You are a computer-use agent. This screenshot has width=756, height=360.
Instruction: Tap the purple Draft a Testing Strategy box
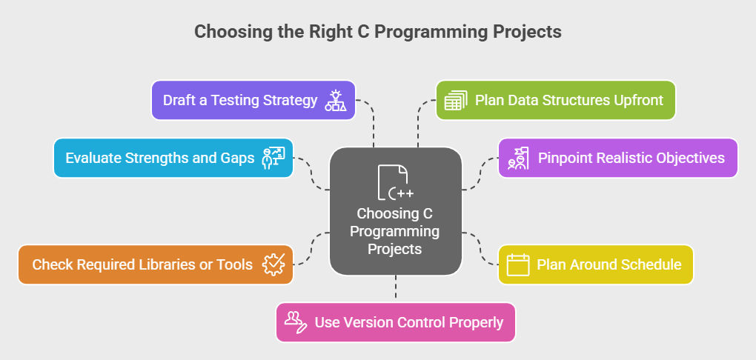pyautogui.click(x=253, y=100)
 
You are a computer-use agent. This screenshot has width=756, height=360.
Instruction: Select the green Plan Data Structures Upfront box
pyautogui.click(x=555, y=100)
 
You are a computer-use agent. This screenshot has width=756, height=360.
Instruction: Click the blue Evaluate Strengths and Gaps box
pyautogui.click(x=173, y=158)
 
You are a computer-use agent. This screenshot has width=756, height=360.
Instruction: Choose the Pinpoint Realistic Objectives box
pyautogui.click(x=617, y=158)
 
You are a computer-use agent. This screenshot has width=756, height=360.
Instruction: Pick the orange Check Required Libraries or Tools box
pyautogui.click(x=155, y=264)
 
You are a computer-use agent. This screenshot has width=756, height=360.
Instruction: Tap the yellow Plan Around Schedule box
pyautogui.click(x=595, y=264)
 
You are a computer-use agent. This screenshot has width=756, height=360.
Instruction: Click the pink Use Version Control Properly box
pyautogui.click(x=395, y=322)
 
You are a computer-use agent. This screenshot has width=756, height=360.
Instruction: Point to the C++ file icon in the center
pyautogui.click(x=395, y=182)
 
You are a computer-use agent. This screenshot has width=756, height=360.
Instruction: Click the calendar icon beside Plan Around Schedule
pyautogui.click(x=518, y=264)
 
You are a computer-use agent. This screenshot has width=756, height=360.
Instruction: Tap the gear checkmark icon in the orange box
pyautogui.click(x=273, y=264)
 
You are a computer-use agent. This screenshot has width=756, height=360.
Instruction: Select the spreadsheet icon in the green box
pyautogui.click(x=456, y=100)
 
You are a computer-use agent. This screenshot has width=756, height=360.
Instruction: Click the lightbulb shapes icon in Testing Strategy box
pyautogui.click(x=336, y=100)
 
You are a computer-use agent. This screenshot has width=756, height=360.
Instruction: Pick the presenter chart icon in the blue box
pyautogui.click(x=273, y=158)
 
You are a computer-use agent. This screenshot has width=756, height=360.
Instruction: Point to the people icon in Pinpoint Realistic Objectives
pyautogui.click(x=518, y=158)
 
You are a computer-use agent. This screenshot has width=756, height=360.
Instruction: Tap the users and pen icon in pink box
pyautogui.click(x=296, y=322)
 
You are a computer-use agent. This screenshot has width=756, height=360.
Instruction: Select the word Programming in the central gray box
pyautogui.click(x=394, y=231)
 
